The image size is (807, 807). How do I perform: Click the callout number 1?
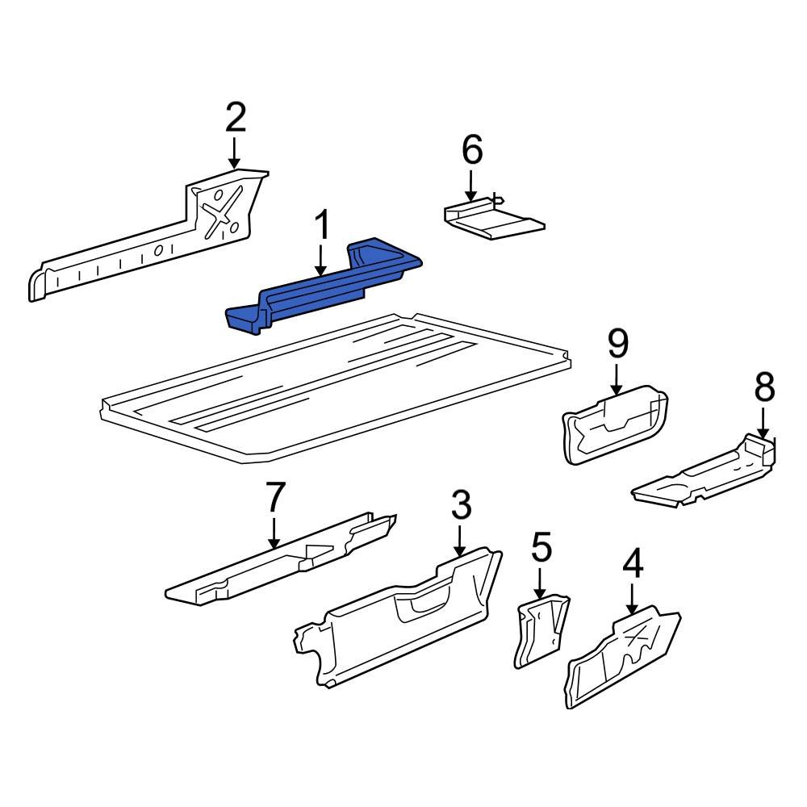(321, 226)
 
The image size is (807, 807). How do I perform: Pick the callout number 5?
(541, 548)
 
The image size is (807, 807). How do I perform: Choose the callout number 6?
(471, 150)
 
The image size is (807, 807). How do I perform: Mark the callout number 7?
(275, 498)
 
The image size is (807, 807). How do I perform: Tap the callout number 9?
(617, 345)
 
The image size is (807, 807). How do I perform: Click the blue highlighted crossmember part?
(323, 291)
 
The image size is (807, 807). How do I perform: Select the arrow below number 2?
(234, 153)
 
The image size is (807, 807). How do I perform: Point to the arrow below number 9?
(617, 379)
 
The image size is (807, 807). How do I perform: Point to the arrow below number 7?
(275, 533)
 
